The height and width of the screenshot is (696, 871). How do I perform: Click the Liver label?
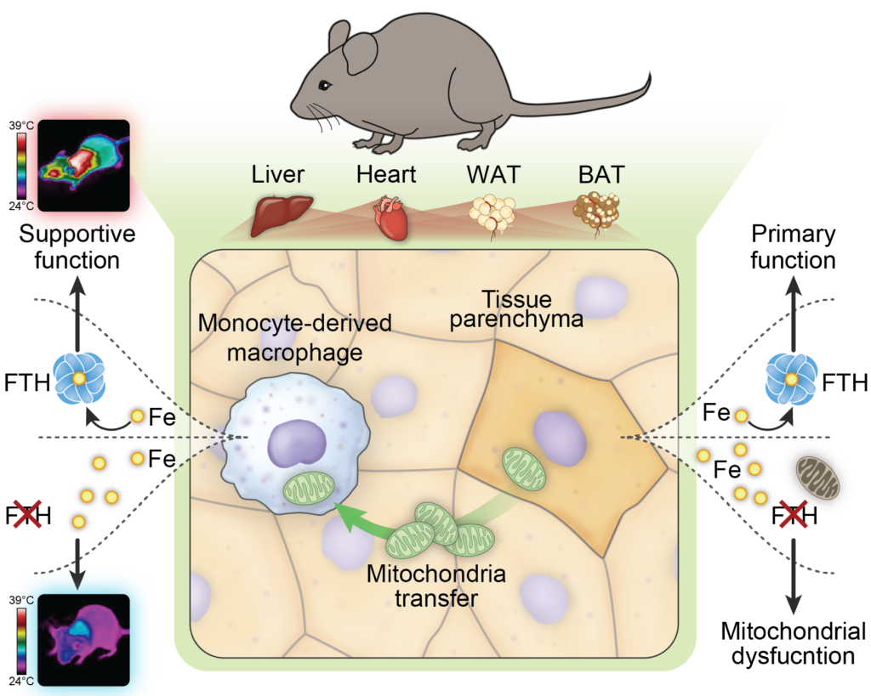[277, 175]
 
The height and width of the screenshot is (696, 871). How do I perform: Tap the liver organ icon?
[283, 213]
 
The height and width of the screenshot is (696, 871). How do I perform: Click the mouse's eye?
[324, 84]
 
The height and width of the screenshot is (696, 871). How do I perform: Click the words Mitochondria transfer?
[436, 586]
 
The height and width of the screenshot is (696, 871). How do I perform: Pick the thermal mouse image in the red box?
[82, 165]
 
